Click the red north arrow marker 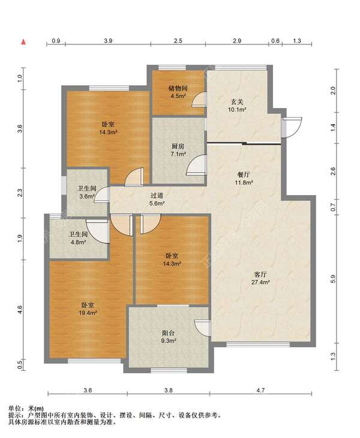click(24, 42)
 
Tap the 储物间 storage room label click(178, 89)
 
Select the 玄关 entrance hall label click(237, 102)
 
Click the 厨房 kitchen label click(178, 146)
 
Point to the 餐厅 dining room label click(244, 175)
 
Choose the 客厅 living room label click(260, 275)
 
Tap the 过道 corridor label click(157, 196)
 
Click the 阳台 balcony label click(169, 333)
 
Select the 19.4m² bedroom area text click(88, 313)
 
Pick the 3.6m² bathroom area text click(87, 196)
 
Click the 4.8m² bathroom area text click(78, 242)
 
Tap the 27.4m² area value click(260, 282)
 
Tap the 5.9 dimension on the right click(332, 279)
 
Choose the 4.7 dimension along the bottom click(260, 390)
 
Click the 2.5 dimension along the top click(178, 41)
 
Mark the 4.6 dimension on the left click(20, 309)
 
